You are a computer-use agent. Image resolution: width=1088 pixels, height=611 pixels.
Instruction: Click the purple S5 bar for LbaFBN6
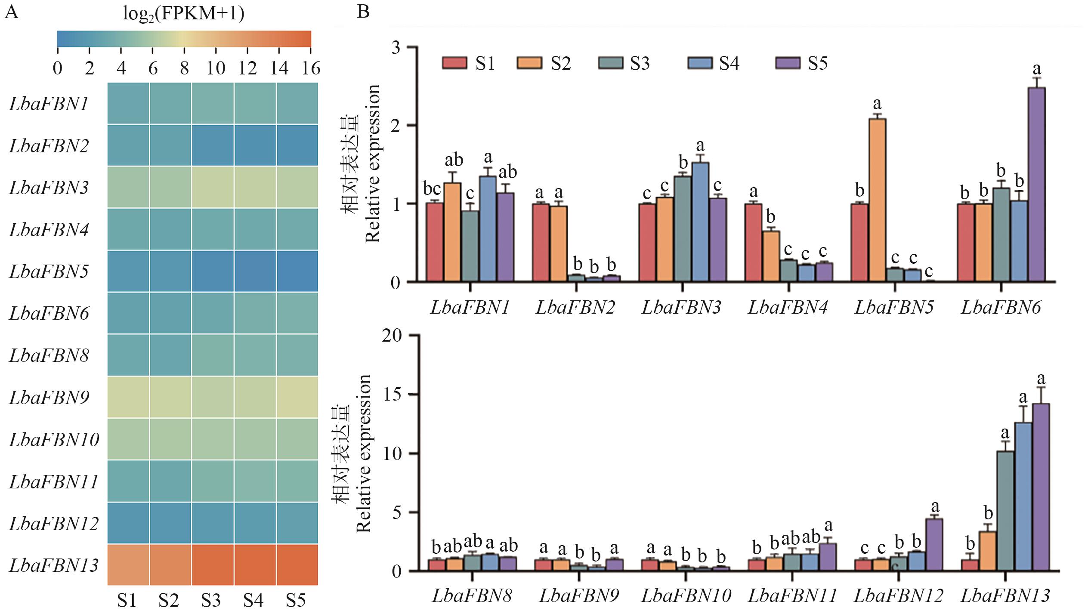click(1036, 185)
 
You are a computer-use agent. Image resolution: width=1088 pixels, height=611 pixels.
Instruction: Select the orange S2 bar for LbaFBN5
click(877, 201)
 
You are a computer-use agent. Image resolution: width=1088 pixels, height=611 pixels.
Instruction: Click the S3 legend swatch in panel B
click(610, 63)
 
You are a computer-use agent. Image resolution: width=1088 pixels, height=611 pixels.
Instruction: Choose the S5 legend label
click(817, 63)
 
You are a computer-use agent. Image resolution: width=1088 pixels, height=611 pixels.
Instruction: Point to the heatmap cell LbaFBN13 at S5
click(297, 565)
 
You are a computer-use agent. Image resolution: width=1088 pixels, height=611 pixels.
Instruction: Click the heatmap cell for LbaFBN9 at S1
click(128, 397)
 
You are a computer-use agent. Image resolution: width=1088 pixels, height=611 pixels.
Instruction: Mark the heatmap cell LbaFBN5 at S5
click(297, 271)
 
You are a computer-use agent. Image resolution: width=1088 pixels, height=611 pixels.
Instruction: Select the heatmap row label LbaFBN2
click(49, 146)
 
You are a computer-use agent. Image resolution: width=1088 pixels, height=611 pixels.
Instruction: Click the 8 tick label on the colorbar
click(184, 68)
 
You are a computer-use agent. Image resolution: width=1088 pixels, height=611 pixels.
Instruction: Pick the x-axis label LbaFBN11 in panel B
click(792, 596)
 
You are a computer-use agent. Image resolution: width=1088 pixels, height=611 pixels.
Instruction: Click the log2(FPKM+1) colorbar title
click(184, 14)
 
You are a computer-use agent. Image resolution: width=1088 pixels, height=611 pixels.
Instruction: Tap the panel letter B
click(363, 12)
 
